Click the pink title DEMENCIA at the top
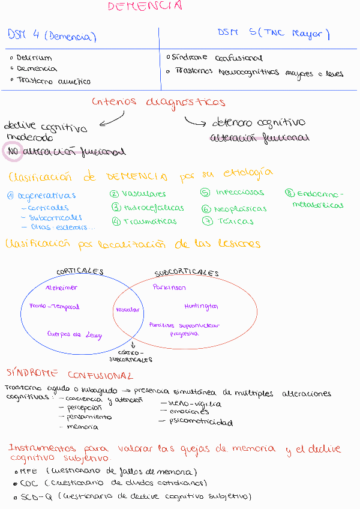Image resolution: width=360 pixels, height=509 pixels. pyautogui.click(x=145, y=7)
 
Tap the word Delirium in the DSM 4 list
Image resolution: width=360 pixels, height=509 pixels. pyautogui.click(x=34, y=58)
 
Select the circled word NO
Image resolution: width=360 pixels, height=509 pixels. pyautogui.click(x=13, y=152)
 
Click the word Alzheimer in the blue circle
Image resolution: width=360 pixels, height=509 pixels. pyautogui.click(x=62, y=288)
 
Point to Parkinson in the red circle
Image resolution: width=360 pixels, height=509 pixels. pyautogui.click(x=169, y=288)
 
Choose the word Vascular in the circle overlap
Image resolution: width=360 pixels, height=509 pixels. pyautogui.click(x=127, y=310)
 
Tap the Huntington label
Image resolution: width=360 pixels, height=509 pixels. pyautogui.click(x=201, y=306)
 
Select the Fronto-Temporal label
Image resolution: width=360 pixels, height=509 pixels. pyautogui.click(x=54, y=307)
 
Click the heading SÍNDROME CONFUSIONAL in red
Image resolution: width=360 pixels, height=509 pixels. pyautogui.click(x=69, y=375)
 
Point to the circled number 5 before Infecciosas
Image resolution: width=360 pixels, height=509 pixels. pyautogui.click(x=205, y=193)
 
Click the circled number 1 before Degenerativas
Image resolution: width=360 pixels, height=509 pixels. pyautogui.click(x=10, y=195)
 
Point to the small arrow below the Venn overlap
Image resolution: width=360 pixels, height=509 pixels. pyautogui.click(x=133, y=345)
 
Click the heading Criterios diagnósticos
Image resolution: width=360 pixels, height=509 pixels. pyautogui.click(x=158, y=102)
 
